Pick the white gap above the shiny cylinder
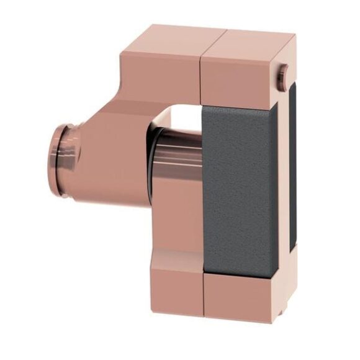[180, 116]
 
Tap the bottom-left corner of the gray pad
[204, 272]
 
